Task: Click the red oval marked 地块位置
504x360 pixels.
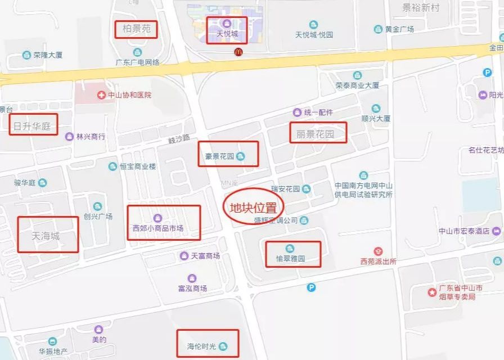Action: [x=254, y=207]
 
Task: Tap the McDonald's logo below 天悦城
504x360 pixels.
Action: [x=238, y=52]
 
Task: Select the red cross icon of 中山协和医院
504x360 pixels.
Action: [x=101, y=95]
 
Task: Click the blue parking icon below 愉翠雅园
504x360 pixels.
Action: [x=312, y=287]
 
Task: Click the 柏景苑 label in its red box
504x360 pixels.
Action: [x=136, y=29]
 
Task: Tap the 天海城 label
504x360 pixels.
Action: [x=47, y=235]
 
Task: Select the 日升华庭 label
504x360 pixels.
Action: [x=33, y=127]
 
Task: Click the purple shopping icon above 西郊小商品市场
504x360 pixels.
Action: [x=157, y=218]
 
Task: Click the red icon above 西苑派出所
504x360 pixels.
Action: [x=378, y=251]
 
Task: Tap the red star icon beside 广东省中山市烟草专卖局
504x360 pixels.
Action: [x=431, y=292]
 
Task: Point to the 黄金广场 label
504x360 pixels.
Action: [x=399, y=29]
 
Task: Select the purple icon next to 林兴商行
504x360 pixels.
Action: [x=69, y=137]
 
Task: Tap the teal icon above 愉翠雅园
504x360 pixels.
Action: [x=290, y=249]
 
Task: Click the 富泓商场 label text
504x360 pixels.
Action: [x=192, y=289]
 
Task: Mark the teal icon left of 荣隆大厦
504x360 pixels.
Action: [x=26, y=55]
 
